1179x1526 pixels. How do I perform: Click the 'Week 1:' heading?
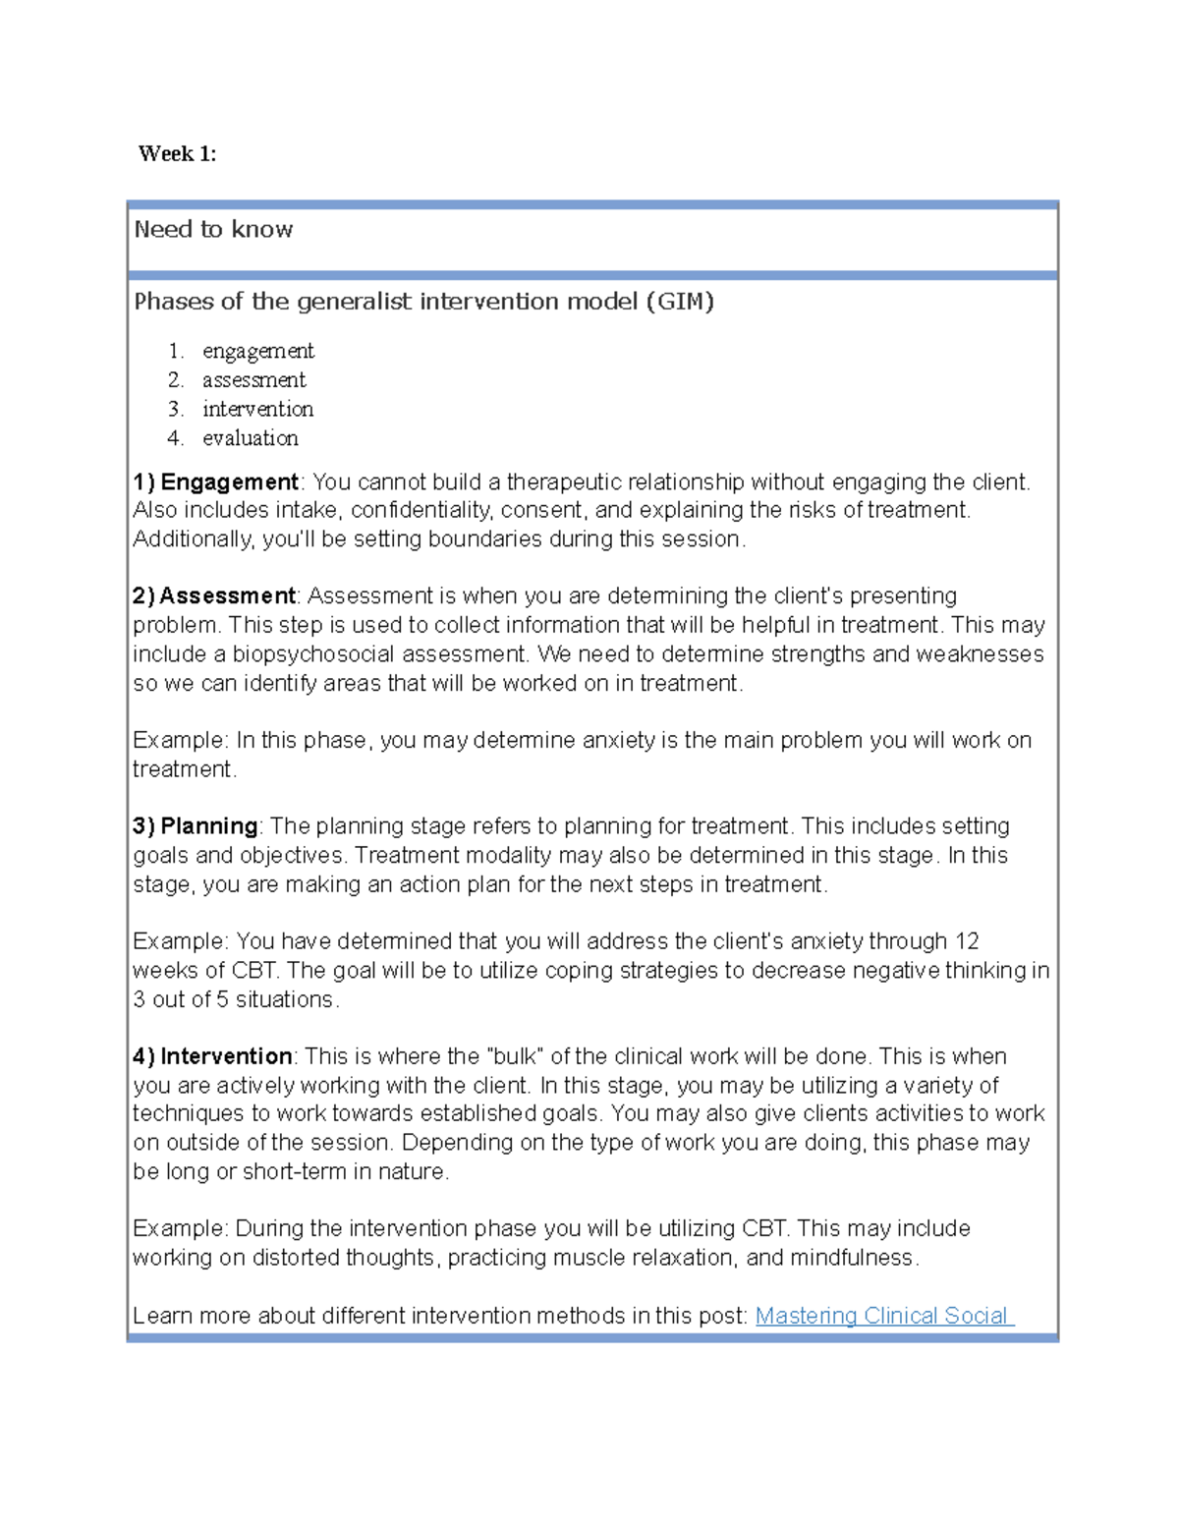tap(177, 153)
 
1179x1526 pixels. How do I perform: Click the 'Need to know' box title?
tap(213, 230)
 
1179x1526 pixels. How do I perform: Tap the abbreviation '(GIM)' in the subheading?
tap(679, 302)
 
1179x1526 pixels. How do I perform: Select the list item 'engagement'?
tap(258, 352)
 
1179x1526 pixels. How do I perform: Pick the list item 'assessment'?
tap(253, 380)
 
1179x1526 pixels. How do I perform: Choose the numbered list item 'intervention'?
tap(257, 409)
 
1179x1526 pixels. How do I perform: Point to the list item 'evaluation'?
tap(250, 438)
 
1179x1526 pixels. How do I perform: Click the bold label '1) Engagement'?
tap(216, 481)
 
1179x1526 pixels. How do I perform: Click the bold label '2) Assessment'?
tap(214, 596)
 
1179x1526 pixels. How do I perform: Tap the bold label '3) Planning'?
tap(196, 826)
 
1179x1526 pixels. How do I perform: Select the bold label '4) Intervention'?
tap(212, 1056)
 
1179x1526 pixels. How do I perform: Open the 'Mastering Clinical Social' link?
tap(882, 1316)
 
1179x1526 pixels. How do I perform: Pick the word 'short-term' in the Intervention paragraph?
tap(294, 1171)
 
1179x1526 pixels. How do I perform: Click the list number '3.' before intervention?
tap(175, 409)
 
